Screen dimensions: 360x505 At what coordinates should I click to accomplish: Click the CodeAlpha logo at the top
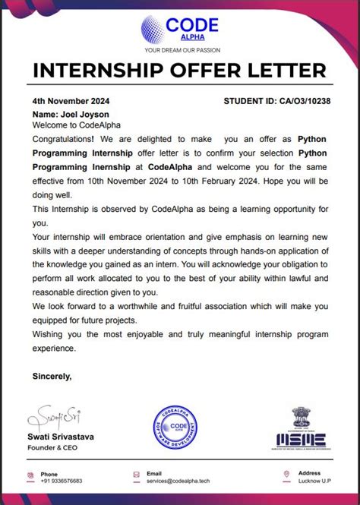coord(179,28)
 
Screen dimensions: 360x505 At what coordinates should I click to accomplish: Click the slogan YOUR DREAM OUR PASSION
coord(180,51)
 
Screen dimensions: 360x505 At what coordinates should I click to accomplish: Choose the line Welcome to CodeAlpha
coord(66,125)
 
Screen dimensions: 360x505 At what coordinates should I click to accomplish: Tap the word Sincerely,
coord(52,375)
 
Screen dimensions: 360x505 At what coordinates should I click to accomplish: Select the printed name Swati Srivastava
coord(63,438)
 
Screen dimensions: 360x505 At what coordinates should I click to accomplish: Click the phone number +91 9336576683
coord(62,481)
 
